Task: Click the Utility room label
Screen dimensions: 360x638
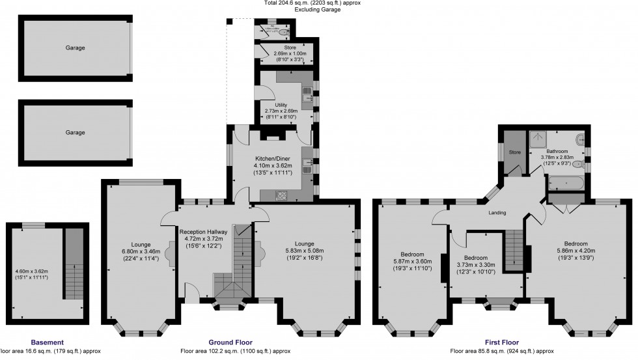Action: (281, 104)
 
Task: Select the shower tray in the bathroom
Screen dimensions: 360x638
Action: (538, 137)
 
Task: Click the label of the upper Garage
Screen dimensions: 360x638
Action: (75, 48)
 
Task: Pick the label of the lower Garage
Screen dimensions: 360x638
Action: (75, 132)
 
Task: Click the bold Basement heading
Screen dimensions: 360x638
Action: (47, 342)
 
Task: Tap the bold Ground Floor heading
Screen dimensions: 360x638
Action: (230, 342)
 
